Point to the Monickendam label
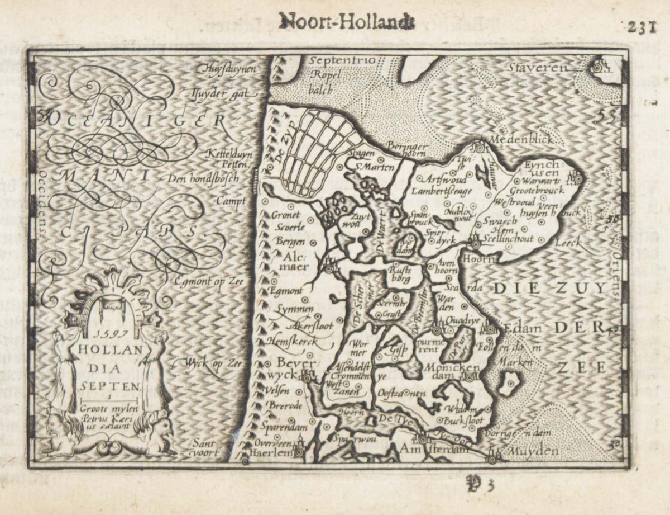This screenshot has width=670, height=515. [452, 372]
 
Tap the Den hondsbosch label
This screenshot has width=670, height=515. [203, 179]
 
